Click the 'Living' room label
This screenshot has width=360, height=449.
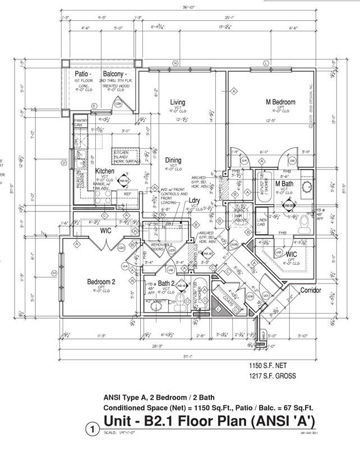[x=178, y=103]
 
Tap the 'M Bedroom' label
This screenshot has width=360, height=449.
[x=280, y=102]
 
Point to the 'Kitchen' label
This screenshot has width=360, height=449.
[x=105, y=171]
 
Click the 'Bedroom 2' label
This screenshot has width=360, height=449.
[x=101, y=282]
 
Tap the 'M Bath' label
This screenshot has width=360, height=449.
[x=284, y=184]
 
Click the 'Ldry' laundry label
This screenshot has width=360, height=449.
[x=195, y=200]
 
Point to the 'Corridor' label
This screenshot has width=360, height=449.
[x=310, y=291]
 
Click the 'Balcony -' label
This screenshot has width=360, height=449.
[x=116, y=74]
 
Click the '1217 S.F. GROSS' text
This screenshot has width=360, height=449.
[x=272, y=376]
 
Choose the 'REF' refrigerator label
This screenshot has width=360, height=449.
[x=127, y=194]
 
